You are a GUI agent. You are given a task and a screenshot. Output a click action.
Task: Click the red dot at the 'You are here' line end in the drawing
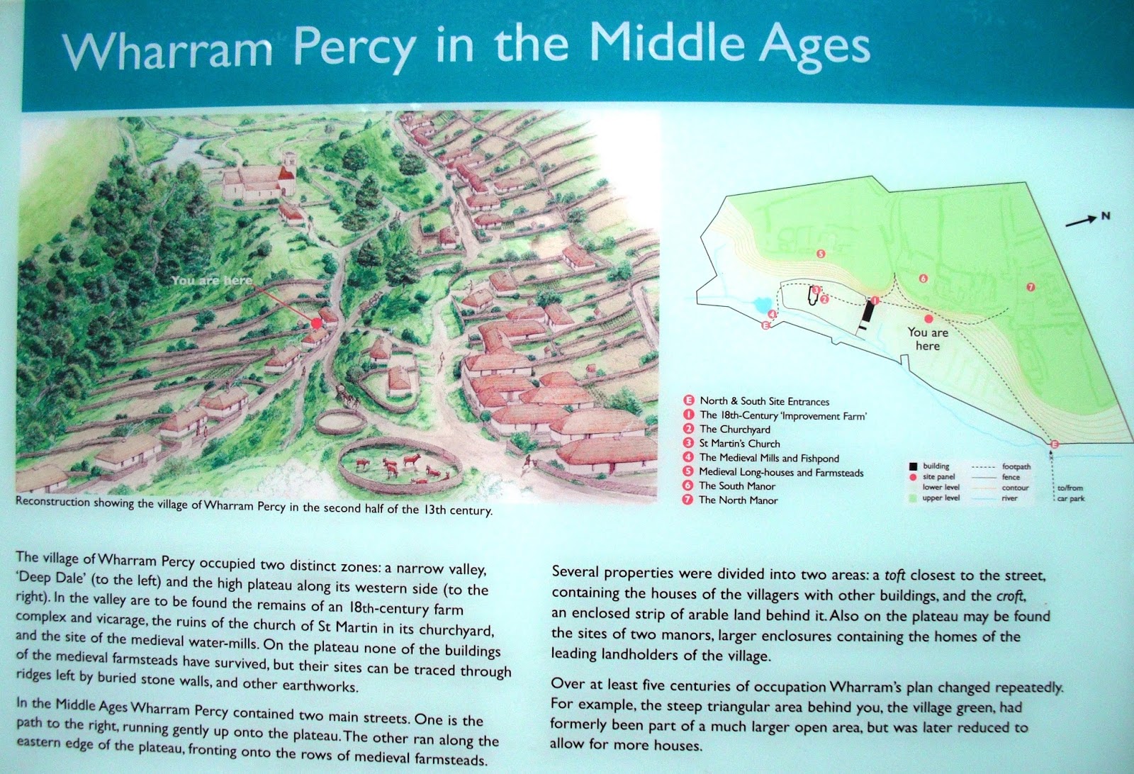click(316, 322)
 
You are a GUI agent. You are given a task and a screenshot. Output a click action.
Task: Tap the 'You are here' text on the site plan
click(928, 339)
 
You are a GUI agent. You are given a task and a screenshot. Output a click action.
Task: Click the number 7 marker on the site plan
click(1031, 286)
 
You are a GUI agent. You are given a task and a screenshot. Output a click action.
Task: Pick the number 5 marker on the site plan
click(821, 253)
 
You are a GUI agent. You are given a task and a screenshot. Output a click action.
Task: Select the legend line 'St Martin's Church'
click(739, 444)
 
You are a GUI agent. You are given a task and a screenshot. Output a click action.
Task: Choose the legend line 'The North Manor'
click(738, 500)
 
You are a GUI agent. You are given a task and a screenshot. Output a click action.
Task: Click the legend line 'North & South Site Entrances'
click(764, 401)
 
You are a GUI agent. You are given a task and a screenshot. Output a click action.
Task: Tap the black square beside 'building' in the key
click(913, 466)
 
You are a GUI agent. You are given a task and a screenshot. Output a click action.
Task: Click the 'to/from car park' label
click(1070, 493)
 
